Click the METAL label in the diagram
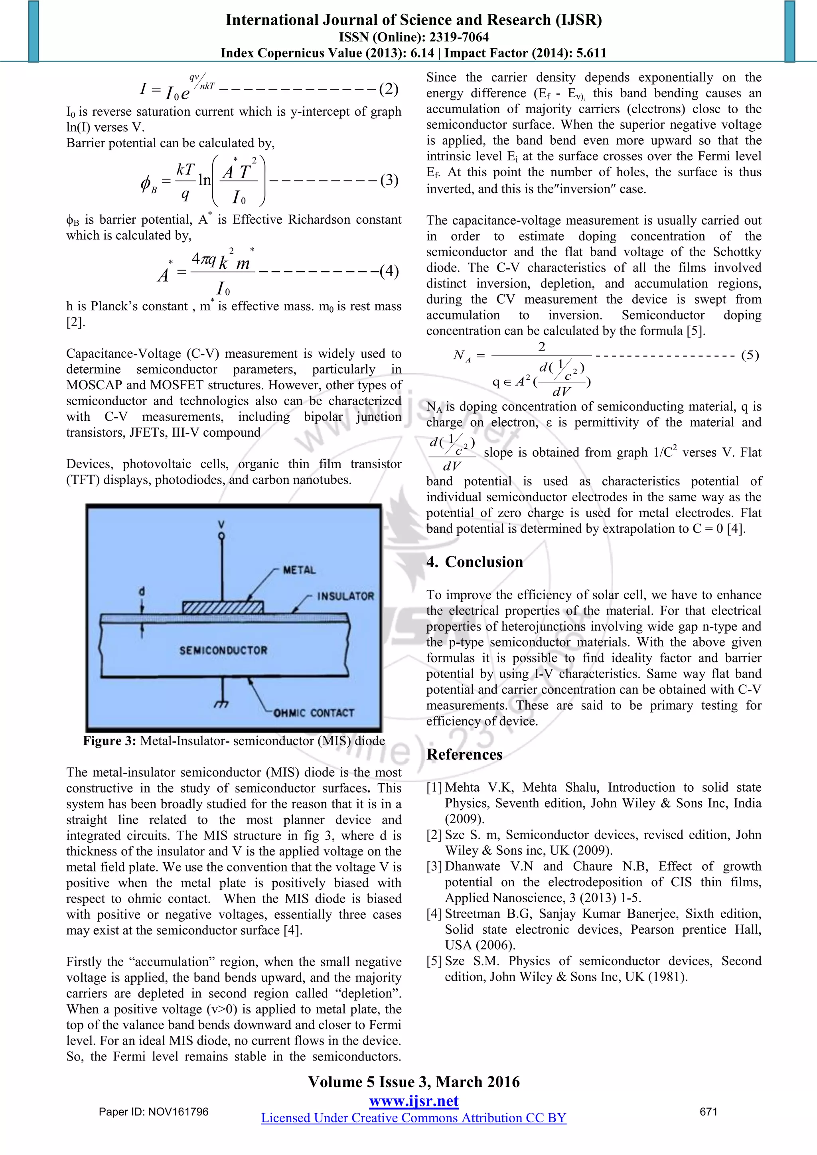click(299, 570)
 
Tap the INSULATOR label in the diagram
click(345, 596)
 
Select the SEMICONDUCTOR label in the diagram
click(223, 650)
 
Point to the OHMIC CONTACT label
click(314, 713)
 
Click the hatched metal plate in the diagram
click(222, 607)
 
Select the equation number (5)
click(750, 355)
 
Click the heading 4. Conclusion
click(474, 562)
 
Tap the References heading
click(464, 755)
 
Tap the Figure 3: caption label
click(109, 741)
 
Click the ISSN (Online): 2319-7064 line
click(414, 37)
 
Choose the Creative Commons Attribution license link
click(414, 1118)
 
